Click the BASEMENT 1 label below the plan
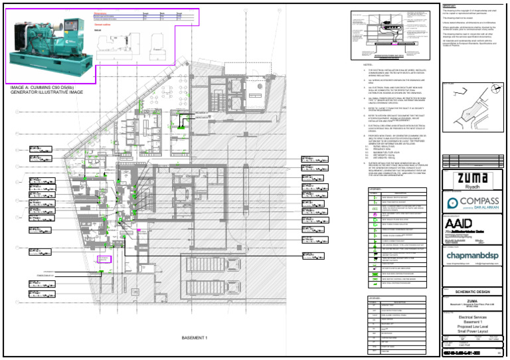196,338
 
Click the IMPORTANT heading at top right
450,6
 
